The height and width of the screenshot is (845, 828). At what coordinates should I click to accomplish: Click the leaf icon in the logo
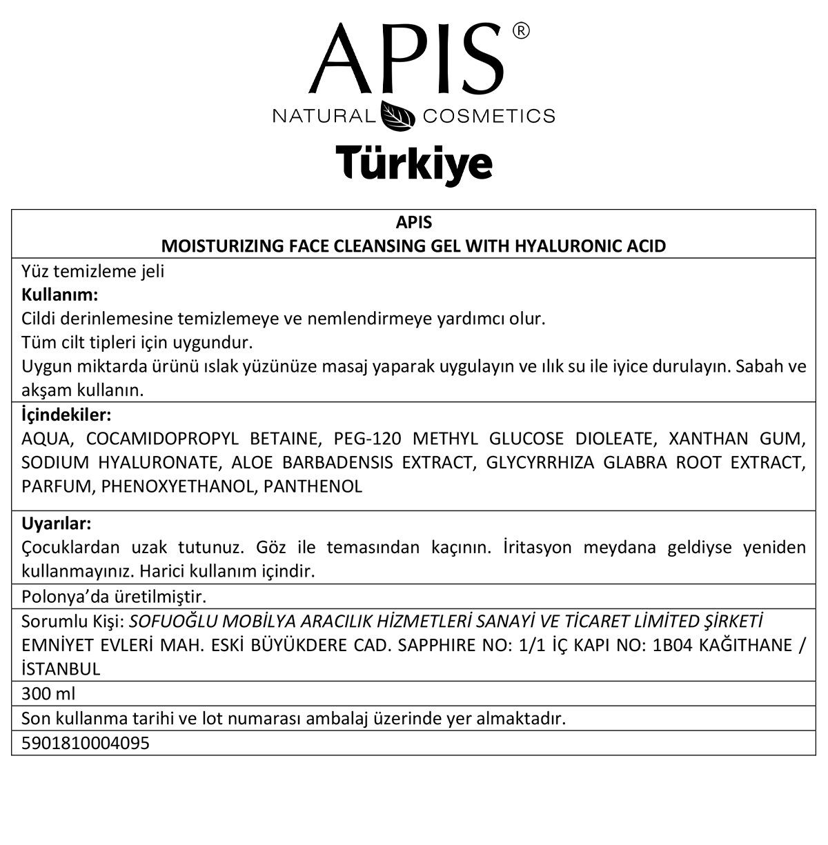(x=399, y=116)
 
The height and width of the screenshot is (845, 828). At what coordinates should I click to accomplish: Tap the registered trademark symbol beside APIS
(x=522, y=31)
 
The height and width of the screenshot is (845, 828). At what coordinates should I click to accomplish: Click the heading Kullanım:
(x=60, y=295)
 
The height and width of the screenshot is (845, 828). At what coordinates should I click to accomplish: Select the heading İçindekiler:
(x=67, y=415)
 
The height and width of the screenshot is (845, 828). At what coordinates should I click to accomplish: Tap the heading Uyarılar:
(x=57, y=523)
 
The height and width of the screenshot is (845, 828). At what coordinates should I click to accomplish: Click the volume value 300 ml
(x=48, y=694)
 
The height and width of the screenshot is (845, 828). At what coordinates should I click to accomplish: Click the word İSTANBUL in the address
(x=61, y=668)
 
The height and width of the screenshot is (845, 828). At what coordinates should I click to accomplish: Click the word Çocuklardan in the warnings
(x=70, y=548)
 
